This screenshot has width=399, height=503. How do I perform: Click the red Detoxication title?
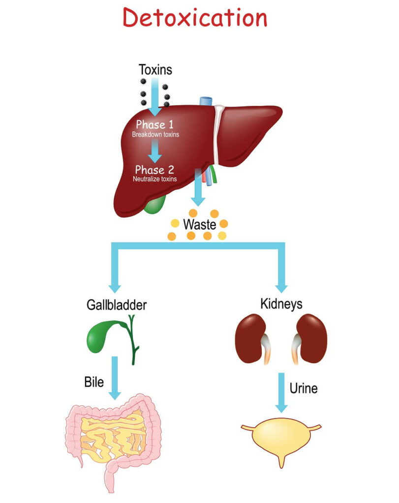pos(195,18)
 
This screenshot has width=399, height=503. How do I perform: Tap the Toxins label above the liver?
pos(155,70)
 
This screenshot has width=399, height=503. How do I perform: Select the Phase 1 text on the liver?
pos(155,125)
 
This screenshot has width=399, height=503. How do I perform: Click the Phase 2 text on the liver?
pos(155,170)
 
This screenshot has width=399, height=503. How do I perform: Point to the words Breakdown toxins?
pos(155,134)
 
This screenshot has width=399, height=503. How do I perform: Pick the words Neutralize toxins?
pos(155,179)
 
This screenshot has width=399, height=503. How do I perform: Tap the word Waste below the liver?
pos(199,225)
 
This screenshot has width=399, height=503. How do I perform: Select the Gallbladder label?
pos(116,305)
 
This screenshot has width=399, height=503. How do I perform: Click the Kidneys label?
pos(281,305)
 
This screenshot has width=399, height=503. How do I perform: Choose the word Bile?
pos(93,381)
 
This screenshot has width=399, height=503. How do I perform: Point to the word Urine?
pos(303,389)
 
